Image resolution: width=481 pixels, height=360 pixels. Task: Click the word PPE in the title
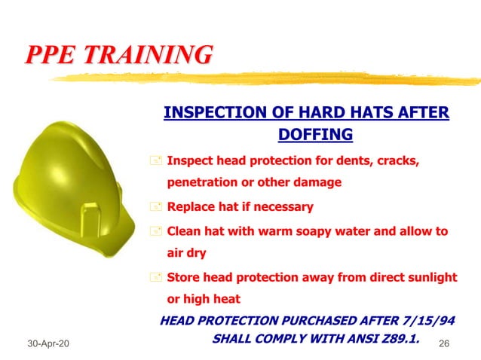(x=52, y=55)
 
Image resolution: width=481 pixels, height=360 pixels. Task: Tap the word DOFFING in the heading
(x=315, y=135)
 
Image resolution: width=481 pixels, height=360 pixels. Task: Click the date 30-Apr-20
(x=46, y=343)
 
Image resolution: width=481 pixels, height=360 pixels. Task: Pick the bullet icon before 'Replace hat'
(x=156, y=207)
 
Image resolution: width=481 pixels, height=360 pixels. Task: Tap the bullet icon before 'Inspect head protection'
(x=156, y=161)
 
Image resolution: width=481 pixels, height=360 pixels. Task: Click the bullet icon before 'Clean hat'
(x=156, y=232)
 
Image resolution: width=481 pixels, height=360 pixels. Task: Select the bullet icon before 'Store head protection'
(x=156, y=277)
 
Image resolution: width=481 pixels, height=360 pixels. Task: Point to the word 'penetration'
(x=201, y=182)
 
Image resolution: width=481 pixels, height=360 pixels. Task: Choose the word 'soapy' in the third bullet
(x=322, y=231)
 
